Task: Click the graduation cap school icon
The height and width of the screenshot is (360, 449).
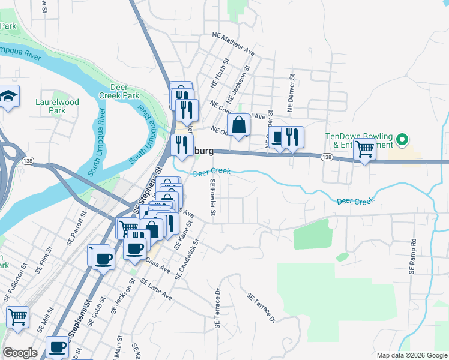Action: (9, 97)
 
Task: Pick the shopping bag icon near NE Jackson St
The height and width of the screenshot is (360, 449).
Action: (239, 125)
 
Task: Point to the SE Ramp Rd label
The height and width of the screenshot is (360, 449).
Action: (413, 257)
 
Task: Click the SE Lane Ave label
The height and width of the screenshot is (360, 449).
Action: (156, 289)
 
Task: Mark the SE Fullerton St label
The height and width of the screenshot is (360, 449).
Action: (16, 281)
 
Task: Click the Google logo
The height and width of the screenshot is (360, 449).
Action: (20, 353)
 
